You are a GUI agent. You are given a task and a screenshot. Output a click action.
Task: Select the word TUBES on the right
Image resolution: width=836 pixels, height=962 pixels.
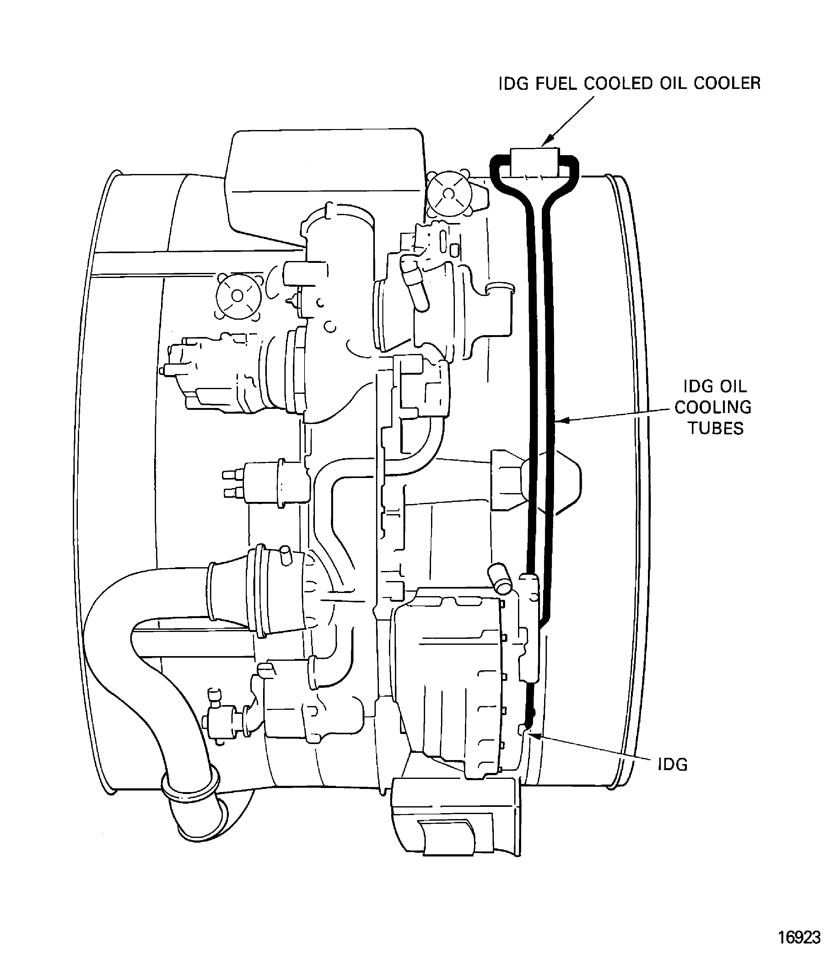[x=716, y=428]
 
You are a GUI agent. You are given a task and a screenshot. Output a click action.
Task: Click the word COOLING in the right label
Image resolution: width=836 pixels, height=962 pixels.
[x=713, y=407]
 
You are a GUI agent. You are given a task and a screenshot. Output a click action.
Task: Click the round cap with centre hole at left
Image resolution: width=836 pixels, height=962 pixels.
[x=237, y=296]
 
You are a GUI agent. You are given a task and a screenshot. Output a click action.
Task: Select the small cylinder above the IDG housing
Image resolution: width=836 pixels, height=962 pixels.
[x=500, y=579]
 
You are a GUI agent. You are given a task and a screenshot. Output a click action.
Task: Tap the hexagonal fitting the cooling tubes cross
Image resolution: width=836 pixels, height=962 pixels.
[x=537, y=481]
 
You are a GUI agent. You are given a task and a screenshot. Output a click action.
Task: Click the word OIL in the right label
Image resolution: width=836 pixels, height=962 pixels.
[x=733, y=387]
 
